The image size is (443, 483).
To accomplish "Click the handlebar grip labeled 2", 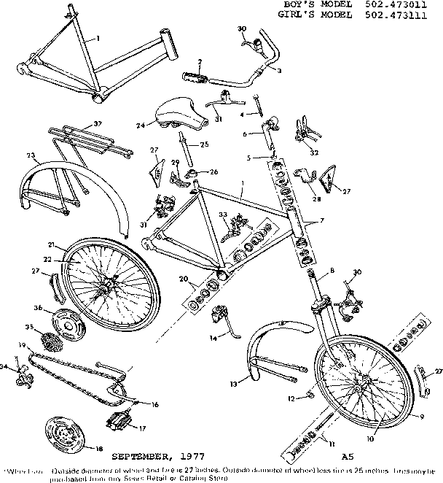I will (197, 75).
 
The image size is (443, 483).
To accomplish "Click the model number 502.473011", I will (411, 4).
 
